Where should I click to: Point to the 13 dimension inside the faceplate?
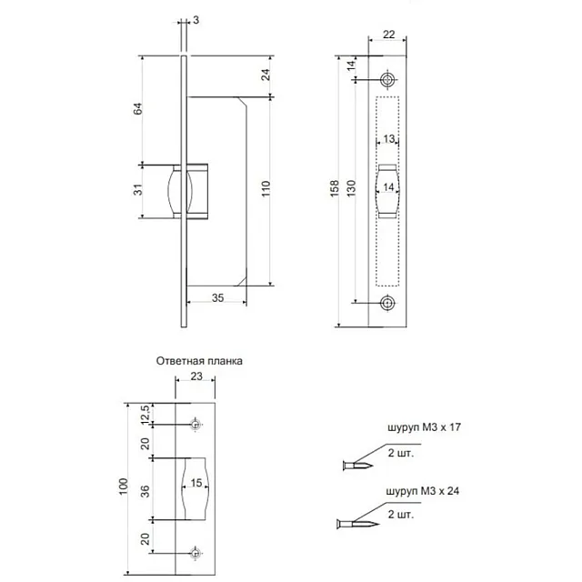click(388, 139)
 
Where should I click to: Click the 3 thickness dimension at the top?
click(195, 19)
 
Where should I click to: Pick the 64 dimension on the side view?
click(138, 110)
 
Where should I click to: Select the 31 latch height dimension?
click(138, 191)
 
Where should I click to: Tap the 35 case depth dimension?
click(216, 297)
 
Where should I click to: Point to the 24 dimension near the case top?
click(265, 75)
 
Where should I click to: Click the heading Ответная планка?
click(199, 360)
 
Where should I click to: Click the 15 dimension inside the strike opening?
click(196, 485)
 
